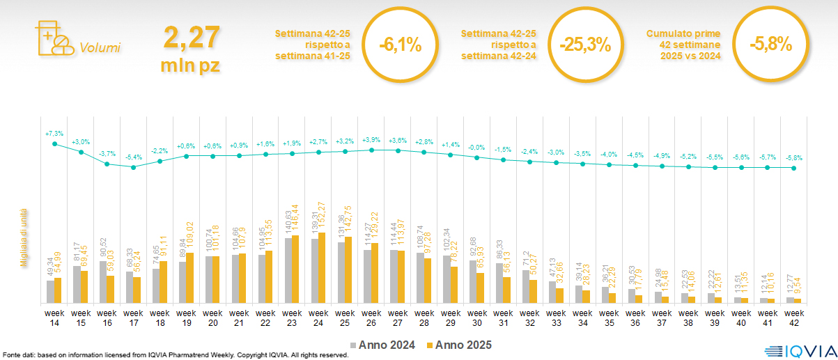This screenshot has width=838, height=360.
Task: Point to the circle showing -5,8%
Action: pos(770,45)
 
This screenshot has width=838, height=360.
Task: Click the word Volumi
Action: pos(100,48)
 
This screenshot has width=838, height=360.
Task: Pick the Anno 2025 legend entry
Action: pos(460,345)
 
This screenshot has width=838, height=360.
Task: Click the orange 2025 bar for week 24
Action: pos(323,267)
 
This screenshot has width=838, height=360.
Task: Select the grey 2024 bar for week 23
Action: pos(288,270)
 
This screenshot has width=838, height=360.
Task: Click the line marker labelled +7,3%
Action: pos(54,144)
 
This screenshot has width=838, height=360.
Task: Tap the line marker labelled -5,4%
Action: pos(134,167)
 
